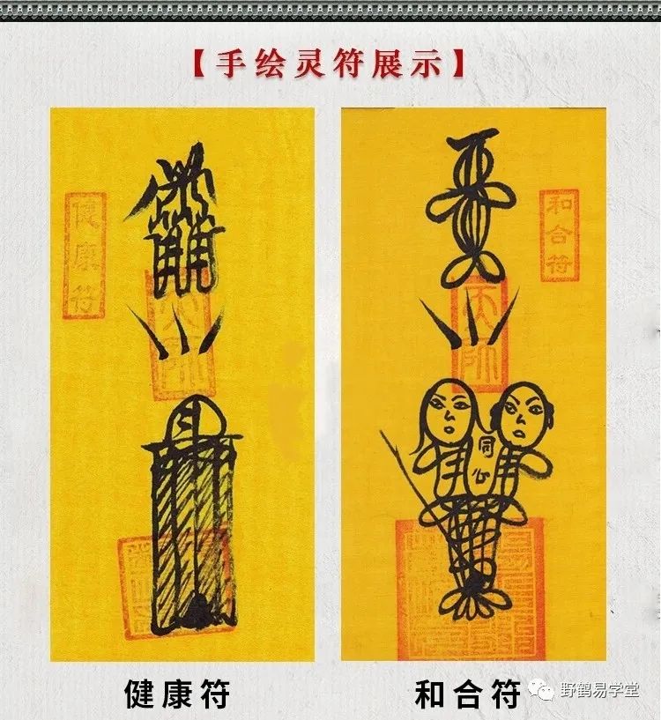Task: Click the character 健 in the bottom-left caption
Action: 141,694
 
